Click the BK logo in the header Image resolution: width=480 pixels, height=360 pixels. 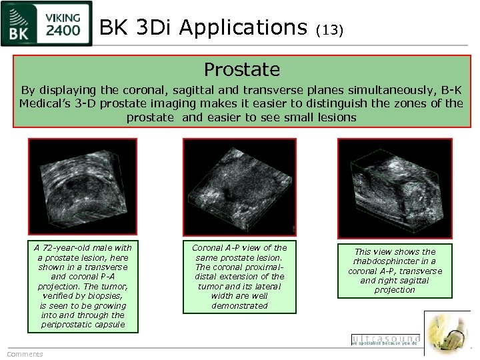tap(21, 23)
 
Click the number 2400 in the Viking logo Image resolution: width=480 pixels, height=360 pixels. tap(64, 30)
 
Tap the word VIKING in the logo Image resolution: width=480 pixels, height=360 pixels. tap(64, 17)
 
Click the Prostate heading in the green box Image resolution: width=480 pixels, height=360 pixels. tap(241, 69)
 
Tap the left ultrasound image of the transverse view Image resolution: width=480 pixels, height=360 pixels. tap(82, 186)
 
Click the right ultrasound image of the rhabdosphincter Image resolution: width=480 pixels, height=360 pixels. tap(395, 186)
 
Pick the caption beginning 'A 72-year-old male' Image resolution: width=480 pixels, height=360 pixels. tap(83, 286)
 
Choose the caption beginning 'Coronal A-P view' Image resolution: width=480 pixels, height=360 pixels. tap(239, 276)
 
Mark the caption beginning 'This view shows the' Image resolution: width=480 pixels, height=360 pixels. tap(395, 271)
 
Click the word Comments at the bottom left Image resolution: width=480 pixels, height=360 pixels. tap(25, 354)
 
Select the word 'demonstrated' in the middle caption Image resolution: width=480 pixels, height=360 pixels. tap(239, 305)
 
